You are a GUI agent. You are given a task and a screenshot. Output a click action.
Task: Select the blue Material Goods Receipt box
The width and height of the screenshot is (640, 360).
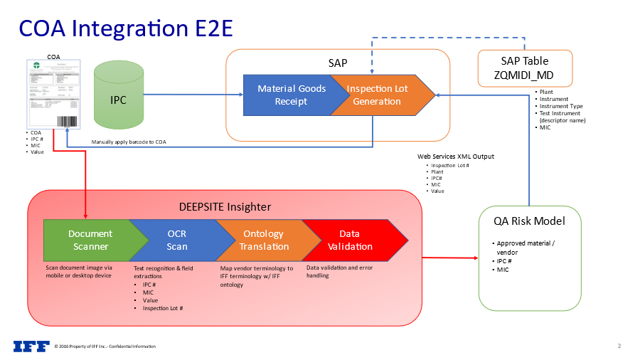tap(290, 95)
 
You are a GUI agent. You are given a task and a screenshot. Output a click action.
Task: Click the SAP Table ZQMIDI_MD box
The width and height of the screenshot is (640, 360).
tap(524, 68)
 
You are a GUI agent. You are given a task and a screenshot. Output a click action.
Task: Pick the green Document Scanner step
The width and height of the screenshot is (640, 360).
tap(90, 240)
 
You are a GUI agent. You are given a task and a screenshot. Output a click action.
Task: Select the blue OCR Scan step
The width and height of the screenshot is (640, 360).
tap(177, 240)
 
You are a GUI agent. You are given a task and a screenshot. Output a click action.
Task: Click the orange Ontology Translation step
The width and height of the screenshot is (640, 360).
tap(263, 240)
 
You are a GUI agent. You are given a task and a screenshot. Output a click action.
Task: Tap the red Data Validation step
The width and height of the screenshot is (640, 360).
tap(349, 240)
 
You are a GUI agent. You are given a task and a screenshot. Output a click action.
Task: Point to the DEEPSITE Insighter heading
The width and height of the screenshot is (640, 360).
tap(225, 206)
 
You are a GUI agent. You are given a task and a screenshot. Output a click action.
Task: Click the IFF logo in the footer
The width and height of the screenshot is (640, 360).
tap(32, 346)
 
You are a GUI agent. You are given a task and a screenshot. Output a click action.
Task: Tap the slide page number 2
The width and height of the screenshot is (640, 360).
tap(619, 346)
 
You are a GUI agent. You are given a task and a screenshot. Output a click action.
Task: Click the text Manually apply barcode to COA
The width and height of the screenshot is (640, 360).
tap(129, 142)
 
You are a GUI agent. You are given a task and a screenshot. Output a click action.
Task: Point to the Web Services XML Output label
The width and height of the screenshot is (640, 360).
tap(455, 157)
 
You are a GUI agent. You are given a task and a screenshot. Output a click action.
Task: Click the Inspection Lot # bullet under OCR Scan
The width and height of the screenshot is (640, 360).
tap(163, 308)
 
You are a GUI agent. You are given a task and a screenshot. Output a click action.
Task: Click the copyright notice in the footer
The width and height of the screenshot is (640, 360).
tap(105, 346)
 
